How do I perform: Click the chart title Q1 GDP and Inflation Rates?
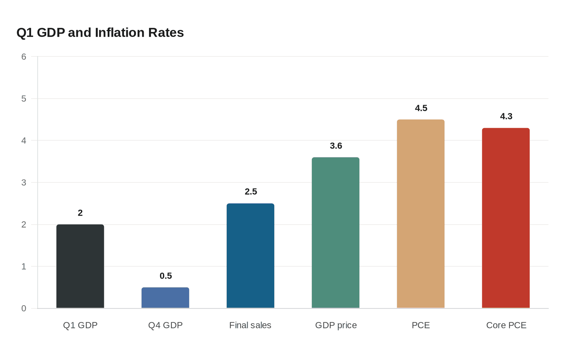click(x=100, y=33)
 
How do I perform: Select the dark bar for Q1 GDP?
click(x=80, y=266)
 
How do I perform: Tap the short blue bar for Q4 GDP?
click(x=165, y=298)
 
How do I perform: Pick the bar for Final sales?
click(x=250, y=256)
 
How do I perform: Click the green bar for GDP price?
click(x=336, y=233)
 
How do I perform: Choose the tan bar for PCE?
click(x=421, y=214)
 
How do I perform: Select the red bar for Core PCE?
click(x=506, y=218)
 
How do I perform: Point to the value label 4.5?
click(x=421, y=108)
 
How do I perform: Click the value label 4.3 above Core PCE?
click(x=506, y=117)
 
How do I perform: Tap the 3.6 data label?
click(x=336, y=146)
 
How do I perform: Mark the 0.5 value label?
click(x=165, y=276)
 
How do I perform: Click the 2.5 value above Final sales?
click(x=250, y=192)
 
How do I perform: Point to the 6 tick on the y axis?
click(x=24, y=57)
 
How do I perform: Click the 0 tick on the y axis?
click(x=24, y=308)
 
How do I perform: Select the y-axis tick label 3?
click(x=24, y=183)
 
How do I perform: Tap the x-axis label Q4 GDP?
click(x=165, y=325)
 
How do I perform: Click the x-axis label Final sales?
click(x=250, y=325)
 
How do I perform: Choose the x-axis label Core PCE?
click(x=506, y=325)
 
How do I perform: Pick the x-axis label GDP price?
click(x=336, y=325)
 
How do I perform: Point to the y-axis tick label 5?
click(x=24, y=99)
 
